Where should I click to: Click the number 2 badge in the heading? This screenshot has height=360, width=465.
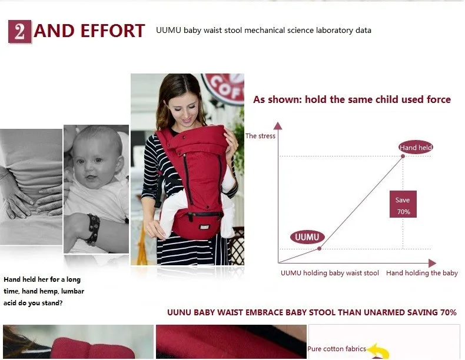[x=19, y=31]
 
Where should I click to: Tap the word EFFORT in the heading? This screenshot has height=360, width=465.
[x=112, y=31]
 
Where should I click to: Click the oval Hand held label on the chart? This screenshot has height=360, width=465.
[x=416, y=147]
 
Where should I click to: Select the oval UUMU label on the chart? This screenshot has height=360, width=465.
[x=307, y=237]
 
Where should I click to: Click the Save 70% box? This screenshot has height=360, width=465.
[x=403, y=204]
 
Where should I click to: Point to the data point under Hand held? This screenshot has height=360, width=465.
[x=403, y=156]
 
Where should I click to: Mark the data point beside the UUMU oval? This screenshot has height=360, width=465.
[x=319, y=249]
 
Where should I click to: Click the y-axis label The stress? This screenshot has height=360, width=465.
[x=260, y=136]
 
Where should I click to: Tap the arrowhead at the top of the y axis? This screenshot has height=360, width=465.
[x=278, y=126]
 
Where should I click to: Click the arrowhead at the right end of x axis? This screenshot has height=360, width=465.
[x=433, y=263]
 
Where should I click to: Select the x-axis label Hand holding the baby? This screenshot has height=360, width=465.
[x=422, y=273]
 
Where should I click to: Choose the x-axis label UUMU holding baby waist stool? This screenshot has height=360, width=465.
[x=330, y=273]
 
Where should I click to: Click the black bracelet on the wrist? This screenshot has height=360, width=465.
[x=93, y=229]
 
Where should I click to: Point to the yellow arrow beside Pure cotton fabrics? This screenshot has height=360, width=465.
[x=378, y=351]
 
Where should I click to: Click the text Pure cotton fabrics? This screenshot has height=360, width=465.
[x=337, y=349]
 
